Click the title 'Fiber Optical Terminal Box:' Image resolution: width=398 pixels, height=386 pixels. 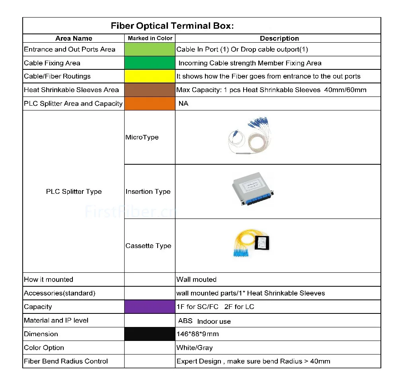click(x=172, y=26)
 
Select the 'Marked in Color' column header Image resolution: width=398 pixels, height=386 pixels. click(x=150, y=38)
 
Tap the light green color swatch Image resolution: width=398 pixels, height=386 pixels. click(x=150, y=49)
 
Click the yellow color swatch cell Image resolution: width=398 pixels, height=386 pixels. click(x=150, y=76)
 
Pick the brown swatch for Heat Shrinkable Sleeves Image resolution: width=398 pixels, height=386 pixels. click(x=150, y=90)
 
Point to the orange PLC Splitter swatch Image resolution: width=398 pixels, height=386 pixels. click(x=150, y=103)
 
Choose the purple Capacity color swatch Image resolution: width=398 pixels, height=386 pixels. click(x=150, y=307)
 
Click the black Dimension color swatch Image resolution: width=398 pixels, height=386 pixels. click(x=150, y=334)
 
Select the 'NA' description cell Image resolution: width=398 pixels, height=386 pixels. click(x=183, y=103)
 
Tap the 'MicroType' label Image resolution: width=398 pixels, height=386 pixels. click(x=142, y=137)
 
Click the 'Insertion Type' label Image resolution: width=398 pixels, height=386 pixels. click(x=148, y=191)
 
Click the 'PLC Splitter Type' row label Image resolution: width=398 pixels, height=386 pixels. click(x=74, y=191)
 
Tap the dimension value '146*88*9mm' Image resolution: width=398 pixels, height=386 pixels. click(x=197, y=334)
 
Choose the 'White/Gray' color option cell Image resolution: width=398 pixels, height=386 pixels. click(x=195, y=348)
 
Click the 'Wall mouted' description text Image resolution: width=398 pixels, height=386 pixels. click(x=196, y=280)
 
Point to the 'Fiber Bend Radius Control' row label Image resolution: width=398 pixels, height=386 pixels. click(x=66, y=361)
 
